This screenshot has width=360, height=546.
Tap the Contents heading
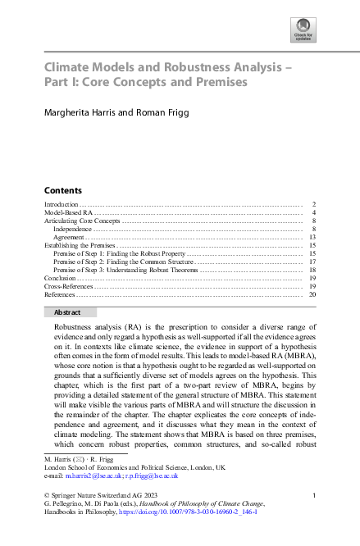coord(62,189)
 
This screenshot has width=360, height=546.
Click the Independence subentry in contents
coord(71,229)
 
